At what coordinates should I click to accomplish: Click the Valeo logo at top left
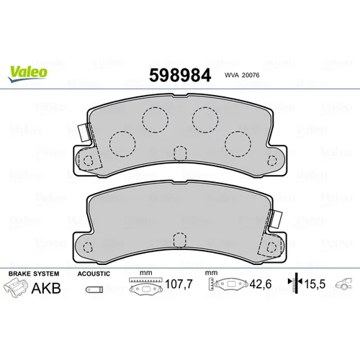click(x=27, y=73)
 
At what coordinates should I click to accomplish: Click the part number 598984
click(x=180, y=75)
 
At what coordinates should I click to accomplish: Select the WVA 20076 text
click(x=242, y=75)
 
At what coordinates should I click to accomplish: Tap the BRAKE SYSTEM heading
click(x=34, y=274)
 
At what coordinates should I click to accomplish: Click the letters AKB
click(x=46, y=288)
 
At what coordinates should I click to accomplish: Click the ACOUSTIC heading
click(x=94, y=274)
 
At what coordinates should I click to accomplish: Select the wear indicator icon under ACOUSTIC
click(x=94, y=289)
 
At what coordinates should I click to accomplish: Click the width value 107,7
click(x=179, y=284)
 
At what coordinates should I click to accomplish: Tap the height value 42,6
click(x=261, y=284)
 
